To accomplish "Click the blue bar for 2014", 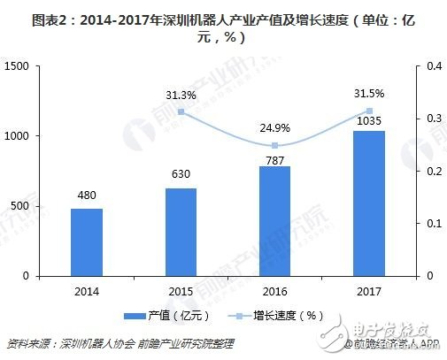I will [x=87, y=242].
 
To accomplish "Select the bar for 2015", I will [x=181, y=232].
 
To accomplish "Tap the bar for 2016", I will [x=274, y=221].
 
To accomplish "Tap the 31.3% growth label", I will [x=181, y=96].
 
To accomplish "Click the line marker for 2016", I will [x=274, y=145].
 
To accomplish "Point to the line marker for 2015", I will [x=181, y=111].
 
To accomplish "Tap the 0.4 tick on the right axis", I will [x=432, y=66].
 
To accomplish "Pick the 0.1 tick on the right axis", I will [x=432, y=224].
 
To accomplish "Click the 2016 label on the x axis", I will [x=274, y=289].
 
